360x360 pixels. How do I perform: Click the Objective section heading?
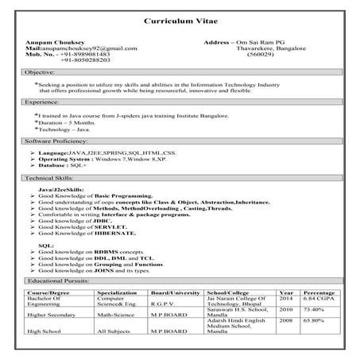41,72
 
